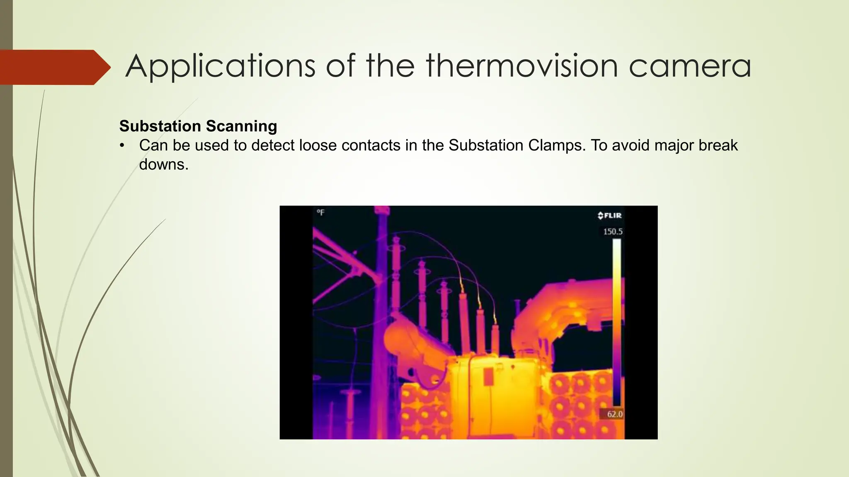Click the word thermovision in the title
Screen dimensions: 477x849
pyautogui.click(x=522, y=66)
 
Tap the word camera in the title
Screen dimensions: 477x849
pyautogui.click(x=690, y=66)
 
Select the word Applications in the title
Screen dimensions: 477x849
pyautogui.click(x=220, y=66)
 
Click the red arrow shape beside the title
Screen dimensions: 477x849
pyautogui.click(x=54, y=67)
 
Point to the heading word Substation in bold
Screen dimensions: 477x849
pyautogui.click(x=160, y=126)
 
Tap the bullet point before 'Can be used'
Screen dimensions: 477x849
pyautogui.click(x=121, y=146)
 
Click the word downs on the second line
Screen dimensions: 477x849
pyautogui.click(x=163, y=164)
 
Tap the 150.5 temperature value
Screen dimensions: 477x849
pyautogui.click(x=612, y=232)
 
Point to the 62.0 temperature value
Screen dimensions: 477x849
pyautogui.click(x=614, y=414)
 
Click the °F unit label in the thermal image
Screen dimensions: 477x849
pyautogui.click(x=320, y=212)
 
